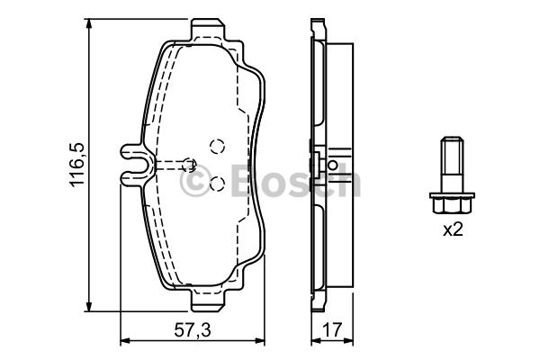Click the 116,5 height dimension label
76,165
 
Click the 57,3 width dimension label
193,330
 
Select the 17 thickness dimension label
333,330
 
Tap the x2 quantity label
453,229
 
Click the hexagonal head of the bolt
452,203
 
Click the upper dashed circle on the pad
217,147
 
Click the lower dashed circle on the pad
217,184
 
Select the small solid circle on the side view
333,165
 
